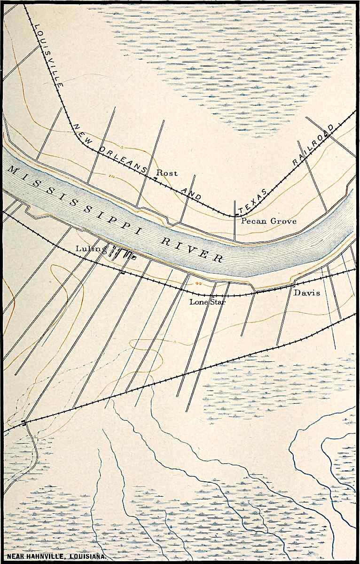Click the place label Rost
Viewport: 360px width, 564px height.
(x=167, y=173)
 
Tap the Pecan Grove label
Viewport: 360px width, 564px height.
(x=268, y=220)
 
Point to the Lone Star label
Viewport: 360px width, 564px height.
(x=207, y=302)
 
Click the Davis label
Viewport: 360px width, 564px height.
(x=307, y=293)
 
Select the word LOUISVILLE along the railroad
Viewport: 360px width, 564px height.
(x=48, y=49)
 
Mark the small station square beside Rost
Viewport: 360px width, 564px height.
(x=156, y=179)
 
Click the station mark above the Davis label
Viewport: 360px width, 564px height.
(x=295, y=284)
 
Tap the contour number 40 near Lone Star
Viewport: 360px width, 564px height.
(x=198, y=284)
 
